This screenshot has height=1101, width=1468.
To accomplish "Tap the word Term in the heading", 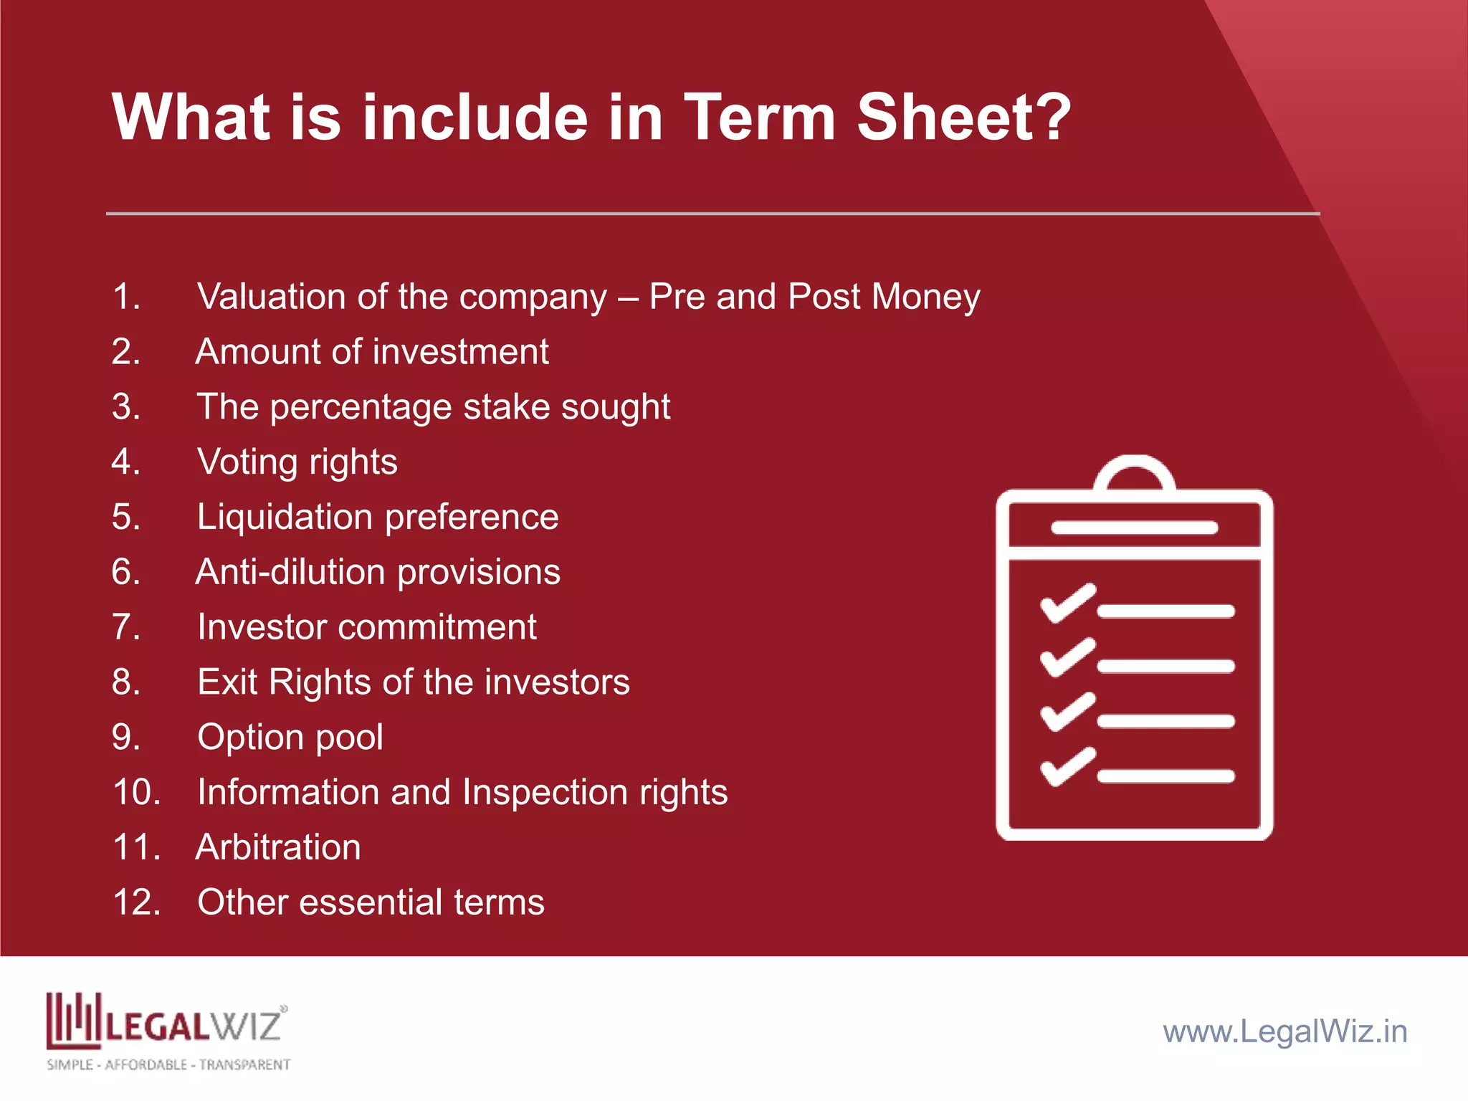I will (760, 117).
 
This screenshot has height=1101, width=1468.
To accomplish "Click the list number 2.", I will (126, 352).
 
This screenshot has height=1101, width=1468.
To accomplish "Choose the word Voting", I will (247, 462).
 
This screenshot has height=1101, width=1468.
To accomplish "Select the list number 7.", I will (126, 627).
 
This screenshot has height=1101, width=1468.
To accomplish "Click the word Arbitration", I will (278, 847).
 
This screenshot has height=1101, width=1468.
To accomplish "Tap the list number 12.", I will (136, 902).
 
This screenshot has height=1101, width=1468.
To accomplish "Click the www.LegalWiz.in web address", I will (1284, 1031).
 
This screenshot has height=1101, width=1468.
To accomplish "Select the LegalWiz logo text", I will (194, 1025).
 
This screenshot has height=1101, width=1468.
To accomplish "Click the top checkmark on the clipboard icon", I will (1067, 604).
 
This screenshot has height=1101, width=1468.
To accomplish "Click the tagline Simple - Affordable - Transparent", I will (168, 1065).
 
